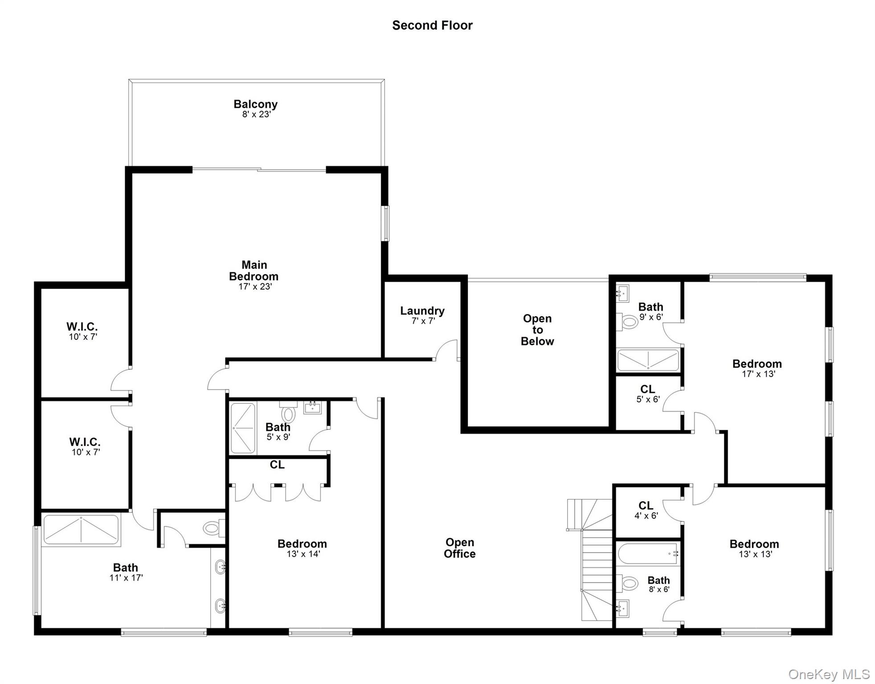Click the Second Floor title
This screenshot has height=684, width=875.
(x=432, y=25)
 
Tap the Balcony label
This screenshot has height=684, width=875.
(x=255, y=104)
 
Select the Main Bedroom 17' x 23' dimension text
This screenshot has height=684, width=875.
(x=255, y=287)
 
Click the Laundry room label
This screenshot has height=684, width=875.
(x=422, y=311)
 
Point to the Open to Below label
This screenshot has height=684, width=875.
(x=537, y=330)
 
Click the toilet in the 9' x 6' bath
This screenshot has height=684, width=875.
(x=629, y=322)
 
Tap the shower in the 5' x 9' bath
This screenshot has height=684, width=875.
(x=243, y=428)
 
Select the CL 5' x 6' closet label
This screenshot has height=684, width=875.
(x=647, y=394)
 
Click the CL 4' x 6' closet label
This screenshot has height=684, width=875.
(x=646, y=510)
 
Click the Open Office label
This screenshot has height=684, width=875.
(x=459, y=548)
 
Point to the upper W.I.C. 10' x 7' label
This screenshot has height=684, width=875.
(x=82, y=331)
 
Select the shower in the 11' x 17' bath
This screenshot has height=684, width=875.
(x=81, y=530)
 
